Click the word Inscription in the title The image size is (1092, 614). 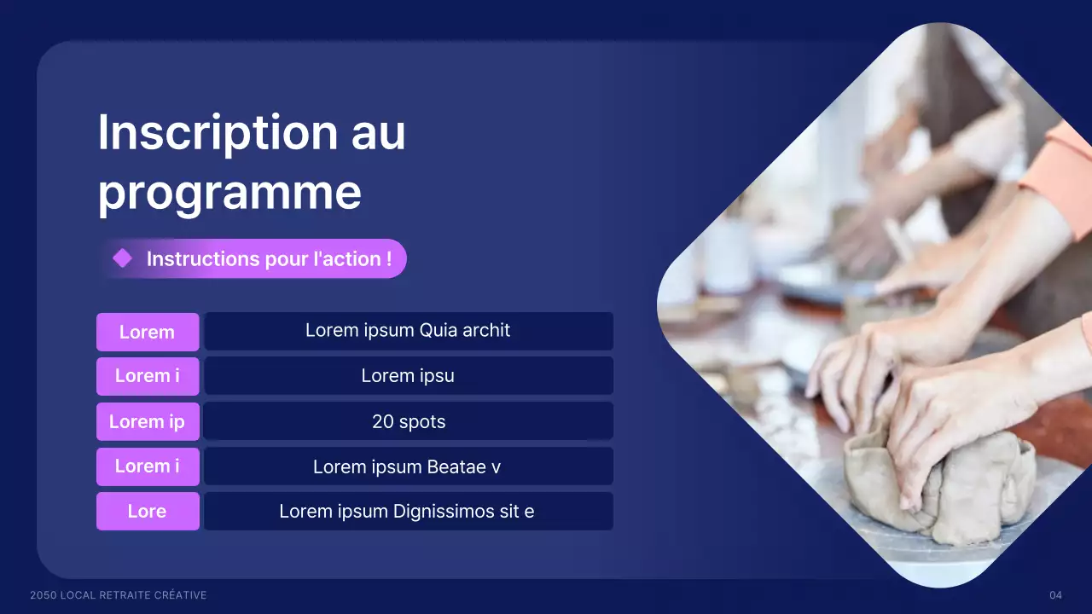(218, 133)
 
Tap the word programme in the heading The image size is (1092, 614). (229, 193)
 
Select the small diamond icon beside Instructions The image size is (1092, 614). (123, 258)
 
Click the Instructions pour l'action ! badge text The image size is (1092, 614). (269, 259)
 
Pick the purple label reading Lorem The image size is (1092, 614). (147, 332)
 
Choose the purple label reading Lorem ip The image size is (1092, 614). (147, 421)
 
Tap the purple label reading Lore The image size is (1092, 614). (147, 512)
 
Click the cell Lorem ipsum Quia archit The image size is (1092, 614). (408, 330)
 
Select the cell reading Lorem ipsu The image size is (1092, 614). (408, 376)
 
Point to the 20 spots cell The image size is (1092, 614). (409, 421)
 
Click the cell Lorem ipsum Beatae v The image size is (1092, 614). (407, 466)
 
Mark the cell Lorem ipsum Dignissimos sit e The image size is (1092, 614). (407, 512)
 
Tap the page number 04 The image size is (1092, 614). (1055, 595)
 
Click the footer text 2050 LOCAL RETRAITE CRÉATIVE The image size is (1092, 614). (118, 595)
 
